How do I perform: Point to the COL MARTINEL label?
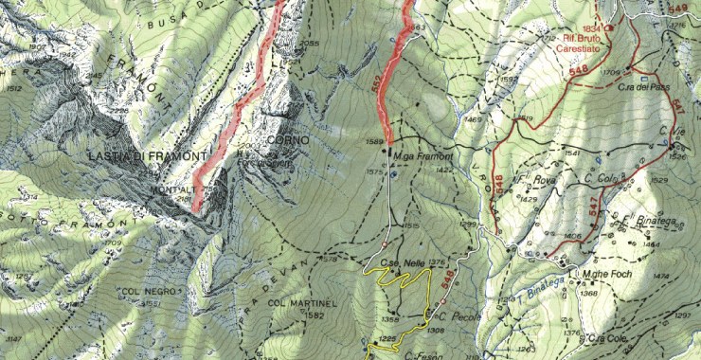[296, 303]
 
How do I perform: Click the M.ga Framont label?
[422, 154]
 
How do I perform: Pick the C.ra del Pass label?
[638, 86]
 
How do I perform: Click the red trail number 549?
[677, 9]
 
